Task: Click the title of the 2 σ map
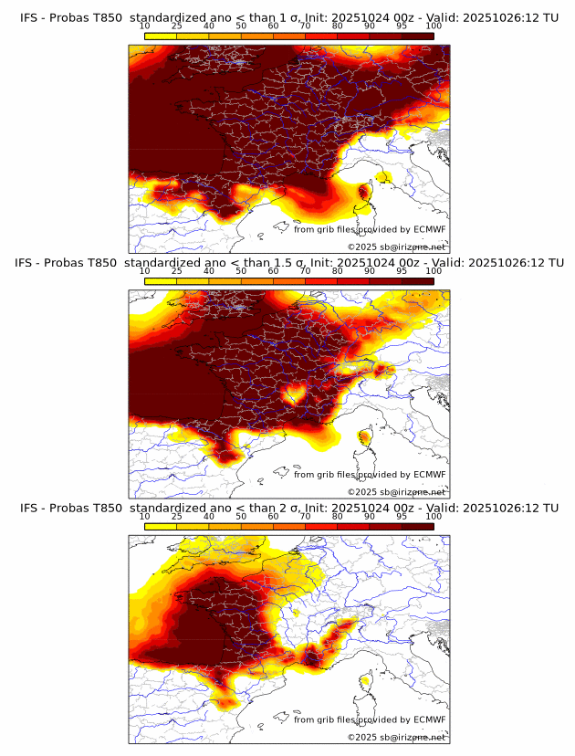pyautogui.click(x=288, y=508)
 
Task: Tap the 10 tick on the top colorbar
pyautogui.click(x=145, y=26)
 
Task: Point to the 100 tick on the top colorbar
pyautogui.click(x=434, y=26)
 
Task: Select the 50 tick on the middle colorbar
pyautogui.click(x=241, y=271)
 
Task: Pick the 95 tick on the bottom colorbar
pyautogui.click(x=402, y=517)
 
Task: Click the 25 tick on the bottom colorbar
pyautogui.click(x=177, y=517)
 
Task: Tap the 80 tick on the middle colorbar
pyautogui.click(x=338, y=271)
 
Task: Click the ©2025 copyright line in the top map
pyautogui.click(x=396, y=247)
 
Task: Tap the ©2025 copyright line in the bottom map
pyautogui.click(x=396, y=737)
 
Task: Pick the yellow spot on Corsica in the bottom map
pyautogui.click(x=367, y=680)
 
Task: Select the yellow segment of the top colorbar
pyautogui.click(x=161, y=36)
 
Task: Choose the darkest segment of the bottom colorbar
pyautogui.click(x=417, y=526)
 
